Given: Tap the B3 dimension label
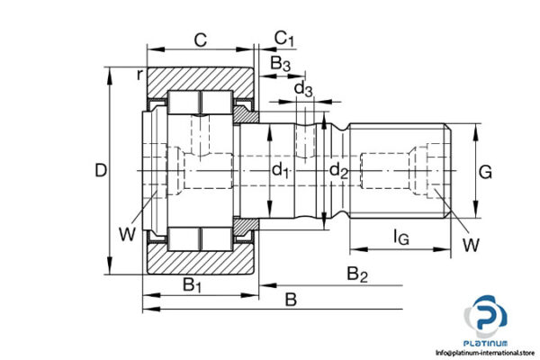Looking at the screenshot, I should point(281,63).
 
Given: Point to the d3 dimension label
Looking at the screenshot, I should point(304,88).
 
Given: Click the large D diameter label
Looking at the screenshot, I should point(101,170).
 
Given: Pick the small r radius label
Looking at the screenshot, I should point(139,75).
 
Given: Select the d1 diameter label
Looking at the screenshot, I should point(281,170).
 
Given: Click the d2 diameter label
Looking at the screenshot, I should point(337,170).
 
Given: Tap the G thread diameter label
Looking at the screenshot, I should point(484,170).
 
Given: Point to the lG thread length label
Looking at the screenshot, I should point(401,238).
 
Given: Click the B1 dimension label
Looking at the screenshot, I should point(193,284).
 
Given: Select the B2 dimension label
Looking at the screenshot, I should point(357,274).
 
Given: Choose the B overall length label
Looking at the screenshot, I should point(290,299).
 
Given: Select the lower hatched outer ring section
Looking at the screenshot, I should point(200,261).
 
